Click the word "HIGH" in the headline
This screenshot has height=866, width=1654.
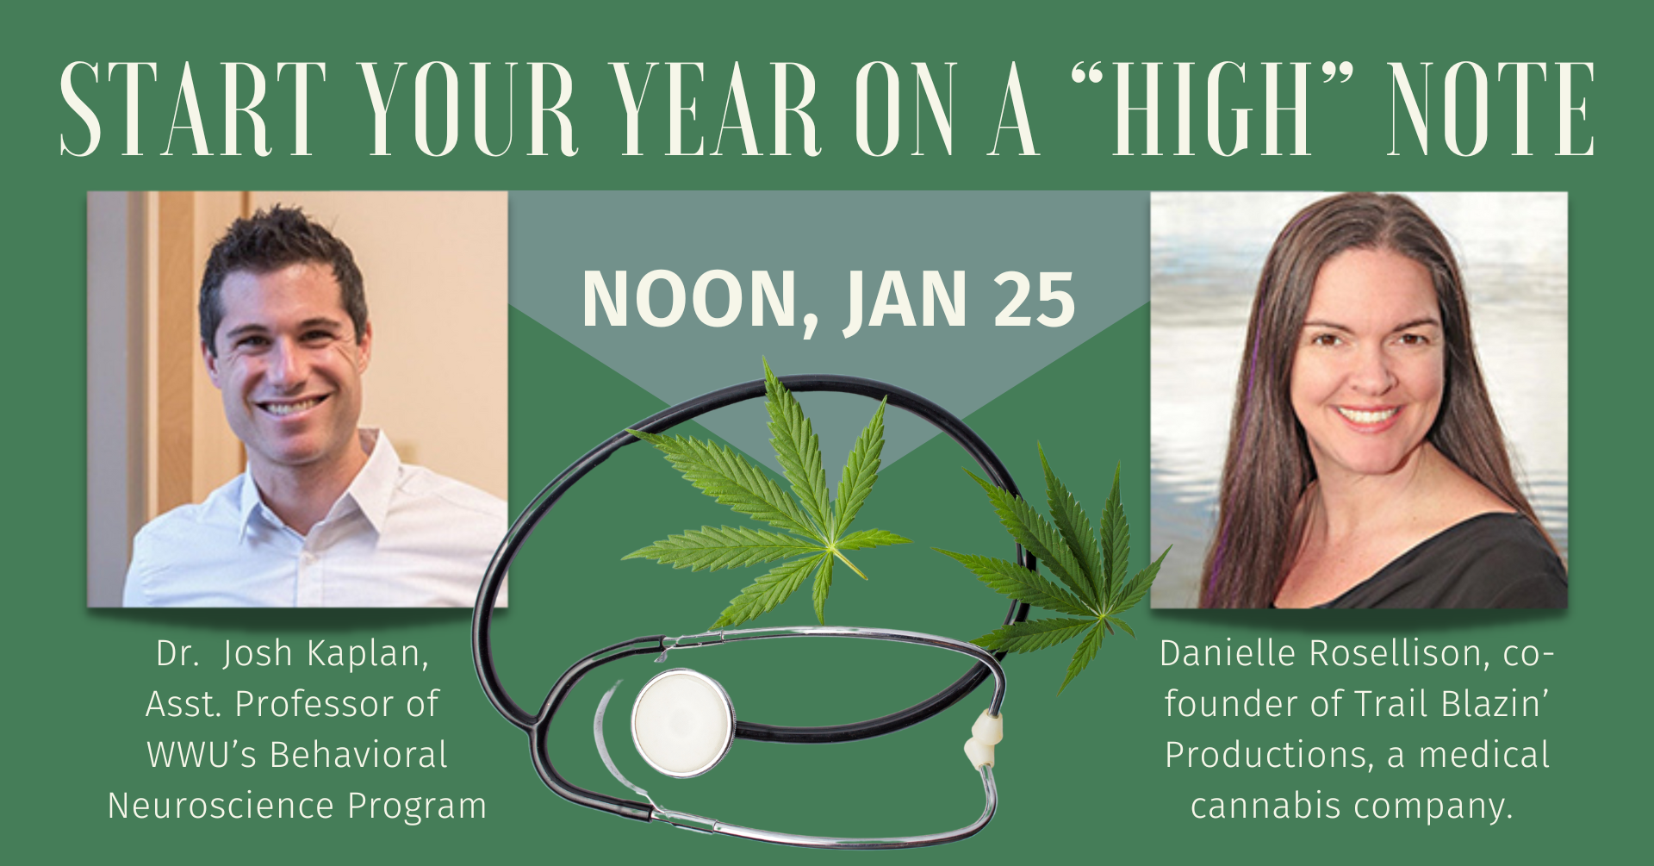tap(1213, 109)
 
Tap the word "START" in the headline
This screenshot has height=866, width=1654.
tap(194, 109)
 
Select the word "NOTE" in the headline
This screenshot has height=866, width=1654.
tap(1491, 109)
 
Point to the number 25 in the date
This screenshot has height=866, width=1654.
tap(1034, 299)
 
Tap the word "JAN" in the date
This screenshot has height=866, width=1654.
tap(905, 299)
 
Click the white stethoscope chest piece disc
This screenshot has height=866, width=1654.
tap(681, 722)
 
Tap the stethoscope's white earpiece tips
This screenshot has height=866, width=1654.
tap(984, 741)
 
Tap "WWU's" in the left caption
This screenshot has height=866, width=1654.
tap(202, 755)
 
